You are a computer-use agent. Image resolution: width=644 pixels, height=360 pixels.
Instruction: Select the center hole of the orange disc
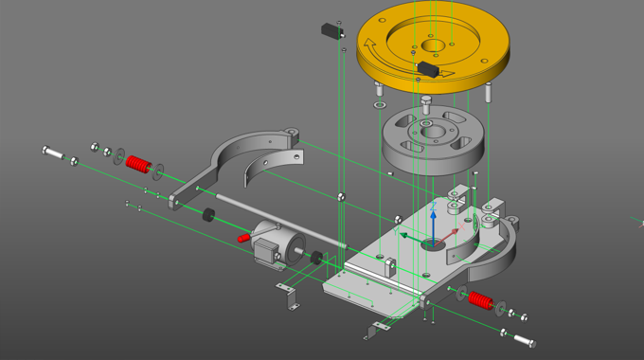(437, 45)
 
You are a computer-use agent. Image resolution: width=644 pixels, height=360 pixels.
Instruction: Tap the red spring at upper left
(139, 164)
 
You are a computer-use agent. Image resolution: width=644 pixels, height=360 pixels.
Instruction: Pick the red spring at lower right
(480, 301)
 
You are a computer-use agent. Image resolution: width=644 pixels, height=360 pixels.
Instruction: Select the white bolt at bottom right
(522, 339)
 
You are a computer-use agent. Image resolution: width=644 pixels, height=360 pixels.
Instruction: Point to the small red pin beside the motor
(243, 238)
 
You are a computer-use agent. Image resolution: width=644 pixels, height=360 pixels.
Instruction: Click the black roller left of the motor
(205, 214)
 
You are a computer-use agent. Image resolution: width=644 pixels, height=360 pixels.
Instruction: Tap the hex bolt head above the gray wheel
(426, 99)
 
